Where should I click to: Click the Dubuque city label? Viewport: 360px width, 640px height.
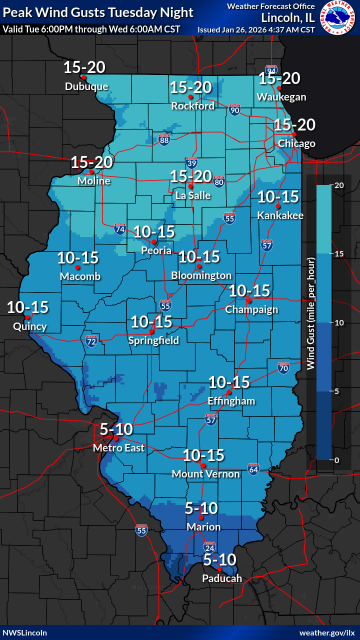pos(86,86)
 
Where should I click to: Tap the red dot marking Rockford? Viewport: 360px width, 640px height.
pos(190,96)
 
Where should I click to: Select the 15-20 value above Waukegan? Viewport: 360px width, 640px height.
pos(279,78)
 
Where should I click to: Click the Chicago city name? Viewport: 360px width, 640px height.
pos(296,143)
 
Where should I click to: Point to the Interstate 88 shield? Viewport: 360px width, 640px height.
pos(164,139)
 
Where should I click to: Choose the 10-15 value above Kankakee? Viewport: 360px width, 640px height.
pos(278,197)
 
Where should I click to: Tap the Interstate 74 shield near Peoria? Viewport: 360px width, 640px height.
pos(120,229)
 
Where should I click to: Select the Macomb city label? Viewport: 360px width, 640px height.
pos(80,276)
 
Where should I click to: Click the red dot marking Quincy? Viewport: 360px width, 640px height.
pos(28,317)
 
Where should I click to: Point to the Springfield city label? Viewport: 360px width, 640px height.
pos(153,340)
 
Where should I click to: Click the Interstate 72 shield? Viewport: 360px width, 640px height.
pos(91,341)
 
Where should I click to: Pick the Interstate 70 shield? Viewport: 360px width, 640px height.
pos(283,368)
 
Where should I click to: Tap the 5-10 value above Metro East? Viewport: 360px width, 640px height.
pos(116,429)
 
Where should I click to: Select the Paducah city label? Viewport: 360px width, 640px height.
pos(222,578)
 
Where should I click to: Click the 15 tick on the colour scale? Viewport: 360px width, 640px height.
pos(339,254)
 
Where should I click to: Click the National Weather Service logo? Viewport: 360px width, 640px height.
pos(339,17)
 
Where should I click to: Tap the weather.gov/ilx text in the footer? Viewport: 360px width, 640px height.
pos(327,632)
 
